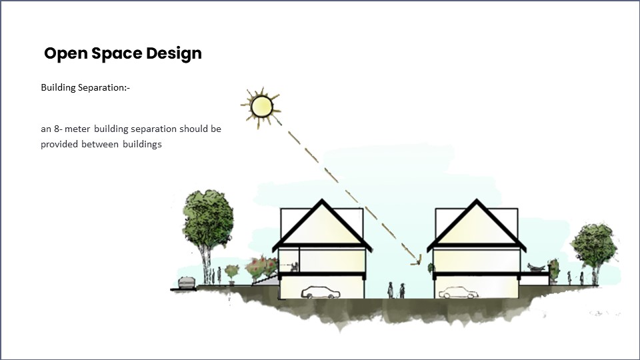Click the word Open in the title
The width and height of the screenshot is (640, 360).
62,53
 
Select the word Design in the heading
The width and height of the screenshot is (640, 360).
174,53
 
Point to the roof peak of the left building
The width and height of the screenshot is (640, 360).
323,201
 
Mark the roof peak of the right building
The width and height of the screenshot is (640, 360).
477,201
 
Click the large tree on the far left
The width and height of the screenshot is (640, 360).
209,220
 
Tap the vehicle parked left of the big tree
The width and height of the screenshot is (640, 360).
186,283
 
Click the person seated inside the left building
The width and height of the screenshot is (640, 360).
292,267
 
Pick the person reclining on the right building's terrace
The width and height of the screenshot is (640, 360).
535,267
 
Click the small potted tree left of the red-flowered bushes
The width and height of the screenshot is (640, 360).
232,271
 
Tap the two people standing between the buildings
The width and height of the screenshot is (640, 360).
396,290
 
